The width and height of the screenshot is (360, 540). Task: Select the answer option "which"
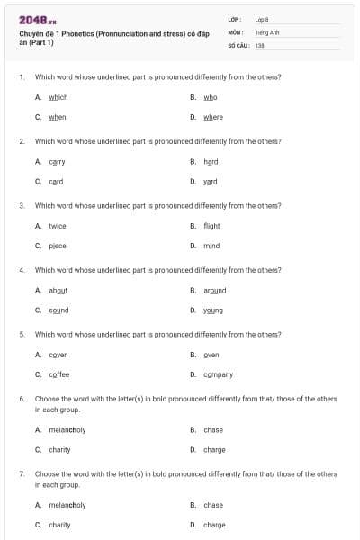tap(57, 97)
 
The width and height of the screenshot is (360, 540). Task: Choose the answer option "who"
tap(210, 97)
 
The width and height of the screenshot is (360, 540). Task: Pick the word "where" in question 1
tap(213, 117)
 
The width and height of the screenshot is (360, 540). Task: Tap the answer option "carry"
tap(57, 161)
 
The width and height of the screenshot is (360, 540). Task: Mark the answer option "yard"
tap(211, 181)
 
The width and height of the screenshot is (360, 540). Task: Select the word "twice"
tap(57, 225)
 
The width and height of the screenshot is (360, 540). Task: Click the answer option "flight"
tap(211, 225)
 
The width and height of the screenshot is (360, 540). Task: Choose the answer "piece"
tap(57, 245)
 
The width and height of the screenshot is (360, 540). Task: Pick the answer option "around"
tap(214, 290)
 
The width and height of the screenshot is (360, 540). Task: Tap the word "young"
tap(212, 310)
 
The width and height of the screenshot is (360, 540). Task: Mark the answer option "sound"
tap(58, 310)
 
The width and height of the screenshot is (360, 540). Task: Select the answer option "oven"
tap(211, 354)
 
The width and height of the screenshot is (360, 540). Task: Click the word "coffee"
tap(58, 373)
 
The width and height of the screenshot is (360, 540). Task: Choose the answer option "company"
tap(218, 373)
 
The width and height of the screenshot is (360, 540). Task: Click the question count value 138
tap(259, 44)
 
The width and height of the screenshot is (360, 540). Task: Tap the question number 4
tap(22, 270)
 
